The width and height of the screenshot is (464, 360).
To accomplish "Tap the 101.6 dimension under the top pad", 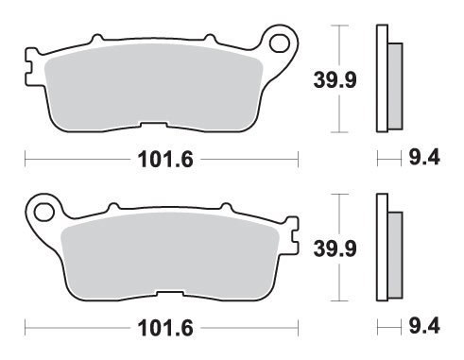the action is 165,160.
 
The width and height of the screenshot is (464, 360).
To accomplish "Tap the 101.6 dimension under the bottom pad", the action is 165,328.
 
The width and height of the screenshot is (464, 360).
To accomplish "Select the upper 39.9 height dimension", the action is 335,79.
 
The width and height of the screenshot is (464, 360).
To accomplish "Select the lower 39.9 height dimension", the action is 335,249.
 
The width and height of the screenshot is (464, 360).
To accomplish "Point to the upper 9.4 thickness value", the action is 424,157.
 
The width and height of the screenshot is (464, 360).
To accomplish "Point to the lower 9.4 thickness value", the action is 424,326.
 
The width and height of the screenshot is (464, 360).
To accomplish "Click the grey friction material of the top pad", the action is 154,87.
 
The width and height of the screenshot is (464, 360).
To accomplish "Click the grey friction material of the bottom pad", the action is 170,255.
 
